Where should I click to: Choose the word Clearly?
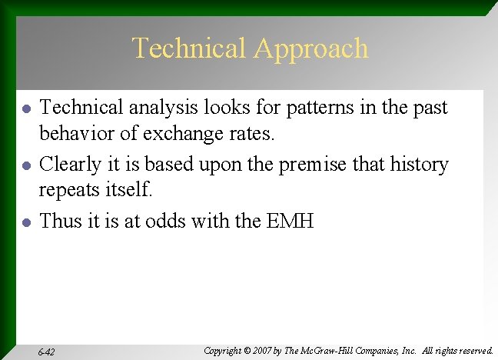click(x=69, y=165)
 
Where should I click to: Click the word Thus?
click(x=58, y=222)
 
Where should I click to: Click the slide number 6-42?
click(x=46, y=352)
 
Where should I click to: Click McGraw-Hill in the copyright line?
click(x=333, y=351)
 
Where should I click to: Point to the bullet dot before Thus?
click(x=27, y=222)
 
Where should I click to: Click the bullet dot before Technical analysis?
click(x=27, y=109)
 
